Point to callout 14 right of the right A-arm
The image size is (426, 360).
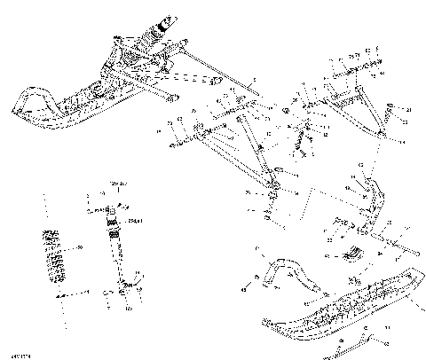click(399, 141)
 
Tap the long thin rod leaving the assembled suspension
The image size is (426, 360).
click(222, 75)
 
